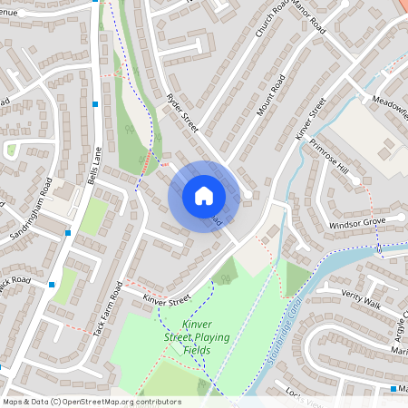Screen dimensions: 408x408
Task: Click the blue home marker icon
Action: coord(204,196)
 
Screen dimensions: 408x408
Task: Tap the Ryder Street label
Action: coord(183,112)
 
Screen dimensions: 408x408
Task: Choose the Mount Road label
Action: coord(271,93)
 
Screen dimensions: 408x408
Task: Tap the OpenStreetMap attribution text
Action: coord(91,401)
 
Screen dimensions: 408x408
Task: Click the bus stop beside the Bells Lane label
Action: coord(95,104)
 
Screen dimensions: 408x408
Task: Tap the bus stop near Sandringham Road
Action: coord(68,233)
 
